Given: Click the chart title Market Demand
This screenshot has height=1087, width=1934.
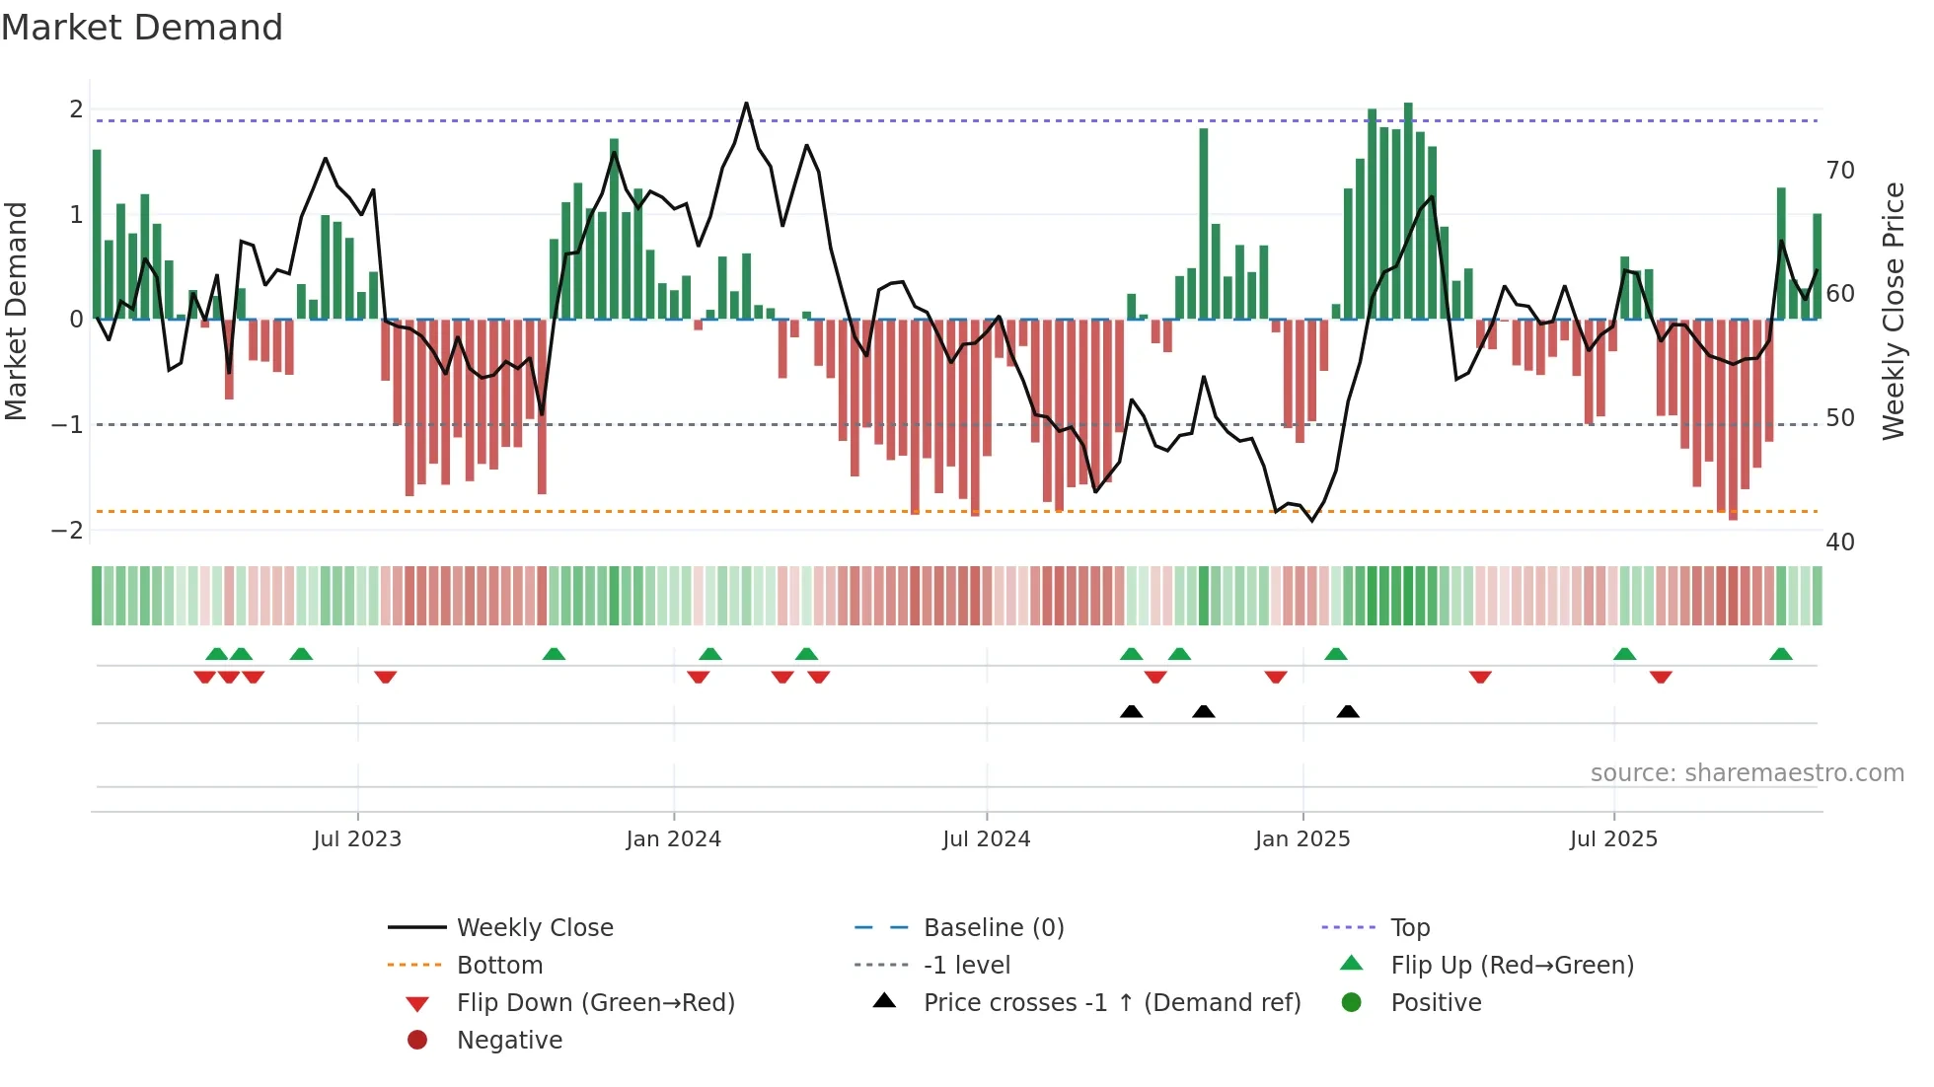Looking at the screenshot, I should (x=142, y=28).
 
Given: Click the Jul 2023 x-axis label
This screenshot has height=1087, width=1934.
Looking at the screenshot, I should (x=357, y=839).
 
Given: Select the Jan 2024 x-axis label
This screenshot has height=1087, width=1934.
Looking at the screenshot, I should (x=673, y=839).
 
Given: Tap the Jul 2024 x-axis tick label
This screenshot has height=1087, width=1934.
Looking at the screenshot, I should (x=986, y=839).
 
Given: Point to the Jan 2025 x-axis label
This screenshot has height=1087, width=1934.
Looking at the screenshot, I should (x=1302, y=839).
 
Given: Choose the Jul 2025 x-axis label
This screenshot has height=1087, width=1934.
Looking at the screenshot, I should (x=1613, y=839).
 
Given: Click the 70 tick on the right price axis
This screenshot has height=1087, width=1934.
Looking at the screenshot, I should (x=1839, y=171).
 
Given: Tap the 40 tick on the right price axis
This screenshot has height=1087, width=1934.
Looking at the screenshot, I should (x=1839, y=542).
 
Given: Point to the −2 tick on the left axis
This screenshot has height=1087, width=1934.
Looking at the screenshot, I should (x=67, y=530).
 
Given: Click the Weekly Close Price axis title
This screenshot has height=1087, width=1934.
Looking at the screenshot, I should (x=1893, y=311).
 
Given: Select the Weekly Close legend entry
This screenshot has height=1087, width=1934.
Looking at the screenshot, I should (x=534, y=928).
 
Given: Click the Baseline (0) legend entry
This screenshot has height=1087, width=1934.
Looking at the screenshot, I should (x=993, y=928).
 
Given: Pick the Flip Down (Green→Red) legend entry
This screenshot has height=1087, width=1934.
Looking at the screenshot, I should (x=595, y=1003).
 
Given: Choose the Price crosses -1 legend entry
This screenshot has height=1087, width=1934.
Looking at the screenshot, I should (x=1111, y=1003).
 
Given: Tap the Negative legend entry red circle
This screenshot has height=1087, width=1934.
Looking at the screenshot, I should (x=417, y=1041).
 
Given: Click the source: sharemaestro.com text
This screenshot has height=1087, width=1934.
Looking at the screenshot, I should (x=1747, y=773).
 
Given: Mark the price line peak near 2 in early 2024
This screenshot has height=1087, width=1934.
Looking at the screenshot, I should (x=746, y=104).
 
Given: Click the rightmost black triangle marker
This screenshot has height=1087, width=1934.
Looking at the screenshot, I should (x=1348, y=712).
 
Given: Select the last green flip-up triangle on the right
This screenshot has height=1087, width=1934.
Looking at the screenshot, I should (x=1781, y=655).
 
